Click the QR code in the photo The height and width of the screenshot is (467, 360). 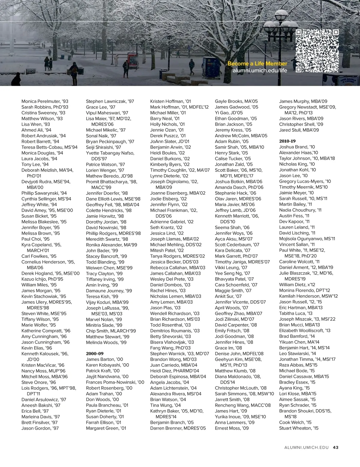coord(317,51)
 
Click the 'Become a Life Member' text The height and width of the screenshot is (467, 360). coord(257,64)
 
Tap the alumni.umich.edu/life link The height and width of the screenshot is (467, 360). coord(259,70)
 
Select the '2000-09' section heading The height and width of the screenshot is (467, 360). coord(94,353)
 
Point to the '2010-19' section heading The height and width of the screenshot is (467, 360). coord(287,141)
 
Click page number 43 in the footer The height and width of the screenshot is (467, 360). coord(335,447)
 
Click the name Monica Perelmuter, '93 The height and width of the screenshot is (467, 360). coord(45,101)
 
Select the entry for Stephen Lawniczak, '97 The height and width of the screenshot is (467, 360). coord(110,101)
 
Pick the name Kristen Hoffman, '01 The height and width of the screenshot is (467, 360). coord(170,101)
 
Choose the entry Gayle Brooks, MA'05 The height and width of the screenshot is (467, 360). coord(236,101)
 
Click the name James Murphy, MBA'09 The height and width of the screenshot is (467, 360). coord(303,101)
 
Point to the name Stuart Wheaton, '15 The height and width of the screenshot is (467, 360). coord(298,428)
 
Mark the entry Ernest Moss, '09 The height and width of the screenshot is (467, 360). coord(232,428)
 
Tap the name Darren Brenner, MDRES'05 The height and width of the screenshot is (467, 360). coord(178,428)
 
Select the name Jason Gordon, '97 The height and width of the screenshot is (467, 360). coord(40,428)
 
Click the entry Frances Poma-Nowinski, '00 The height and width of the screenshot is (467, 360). coord(115,382)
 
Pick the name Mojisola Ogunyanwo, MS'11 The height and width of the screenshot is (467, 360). coord(307,239)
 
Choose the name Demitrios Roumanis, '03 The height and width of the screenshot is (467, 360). coord(175,331)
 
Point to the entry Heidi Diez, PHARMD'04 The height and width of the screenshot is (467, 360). coord(174,371)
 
